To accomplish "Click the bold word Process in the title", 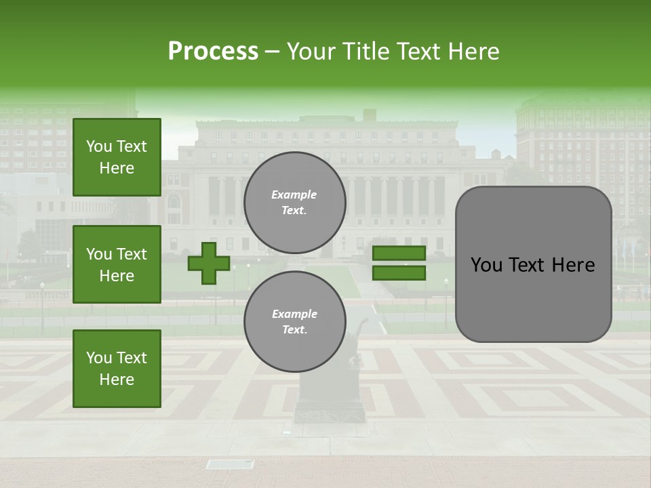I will pos(213,51).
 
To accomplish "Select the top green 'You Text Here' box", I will pos(117,157).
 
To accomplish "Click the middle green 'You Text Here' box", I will pos(117,264).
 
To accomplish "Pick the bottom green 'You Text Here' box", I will pos(117,368).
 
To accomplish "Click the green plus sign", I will pos(209,263).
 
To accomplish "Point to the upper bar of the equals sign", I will pos(399,253).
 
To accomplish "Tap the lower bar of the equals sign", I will pos(399,272).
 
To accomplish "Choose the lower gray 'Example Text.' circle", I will pos(295,321).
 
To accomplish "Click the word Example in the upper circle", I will pos(294,195).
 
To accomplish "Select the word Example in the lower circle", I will pos(294,314).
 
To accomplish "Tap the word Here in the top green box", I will pos(117,168).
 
